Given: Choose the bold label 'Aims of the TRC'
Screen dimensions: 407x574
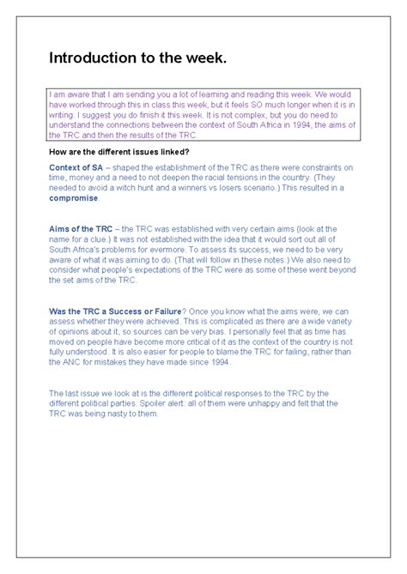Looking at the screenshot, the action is pos(81,227).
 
